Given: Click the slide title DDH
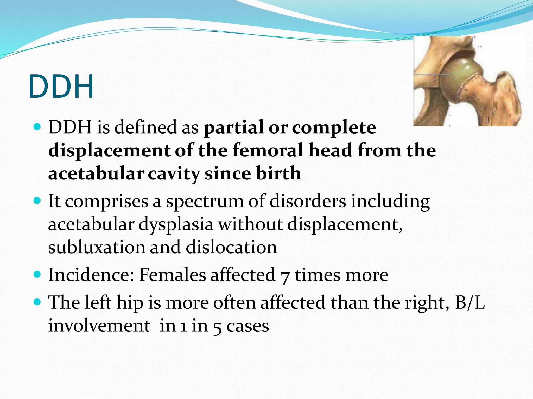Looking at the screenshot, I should pyautogui.click(x=61, y=87).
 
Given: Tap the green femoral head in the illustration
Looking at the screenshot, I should pyautogui.click(x=459, y=78).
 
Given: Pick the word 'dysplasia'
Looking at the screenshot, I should pyautogui.click(x=176, y=224).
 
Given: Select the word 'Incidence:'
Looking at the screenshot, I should pyautogui.click(x=91, y=275).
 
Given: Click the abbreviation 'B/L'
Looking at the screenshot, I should pyautogui.click(x=470, y=303).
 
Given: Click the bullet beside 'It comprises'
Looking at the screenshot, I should pyautogui.click(x=37, y=201).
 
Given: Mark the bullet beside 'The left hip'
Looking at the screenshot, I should pyautogui.click(x=37, y=302).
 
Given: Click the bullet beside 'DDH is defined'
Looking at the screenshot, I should pyautogui.click(x=37, y=127).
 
